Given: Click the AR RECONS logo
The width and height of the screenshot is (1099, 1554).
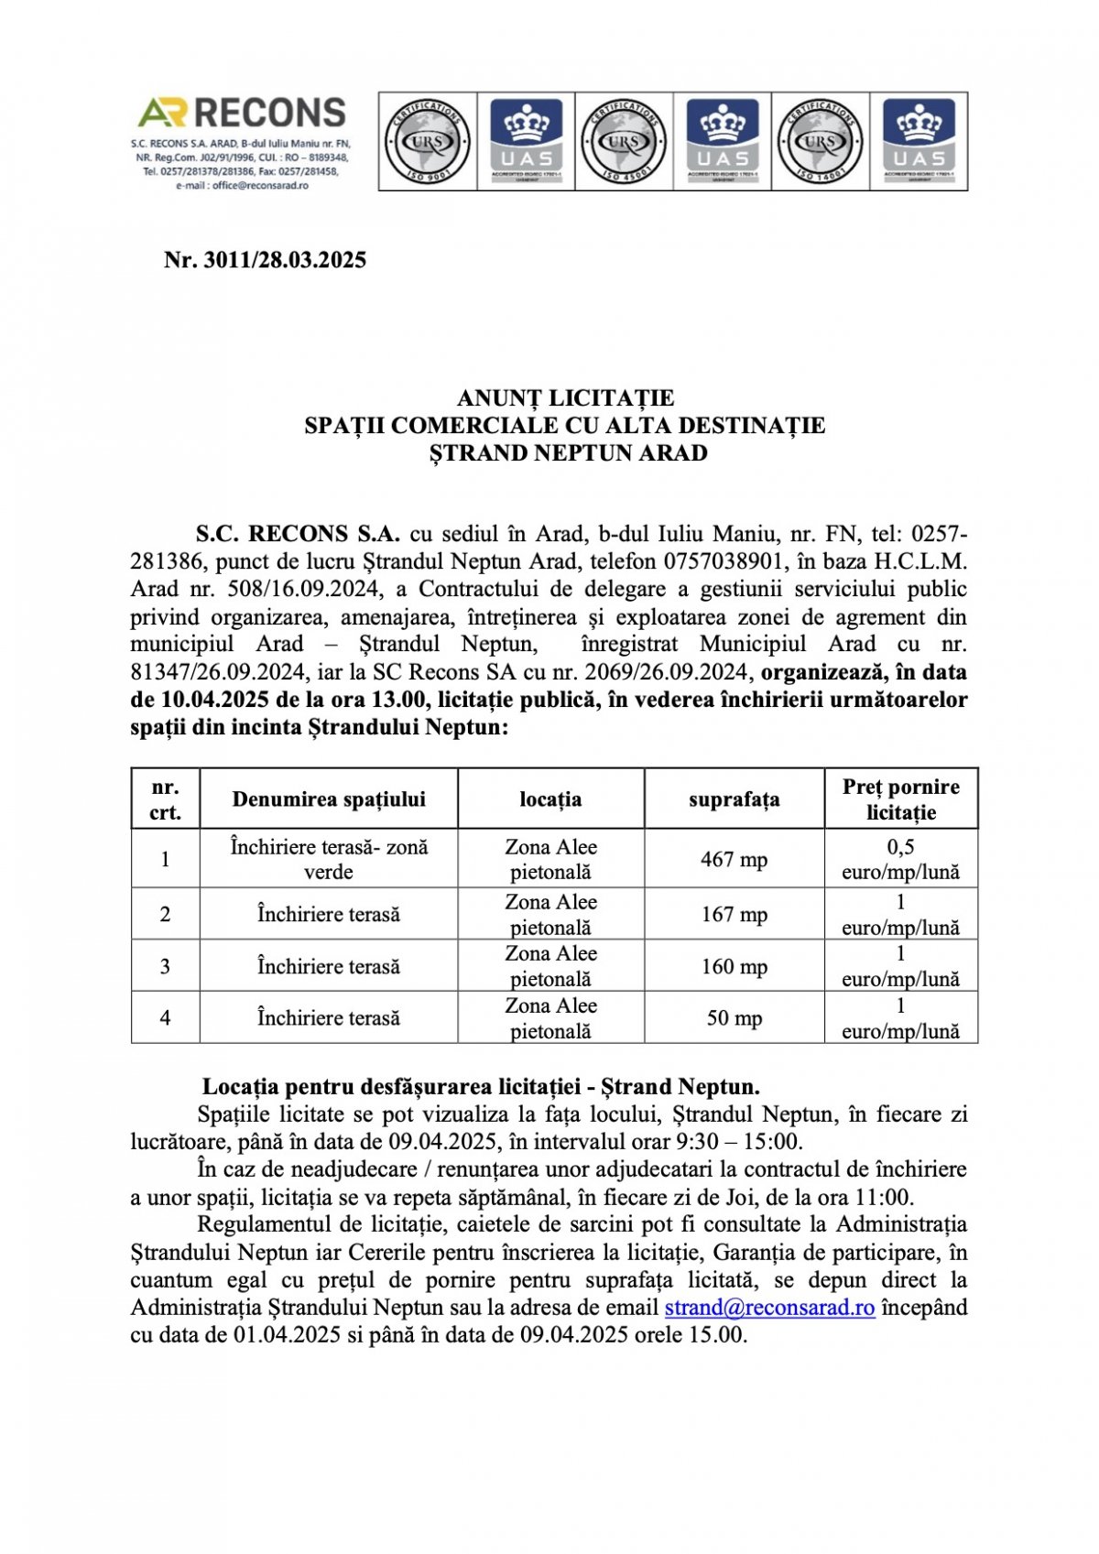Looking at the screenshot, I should coord(242,113).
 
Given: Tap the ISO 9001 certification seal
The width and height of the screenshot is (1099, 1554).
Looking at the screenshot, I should coord(428,141).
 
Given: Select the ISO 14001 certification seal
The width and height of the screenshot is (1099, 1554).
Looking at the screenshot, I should coord(820,141).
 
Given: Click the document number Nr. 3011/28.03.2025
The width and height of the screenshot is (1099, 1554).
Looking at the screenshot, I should coord(265,260).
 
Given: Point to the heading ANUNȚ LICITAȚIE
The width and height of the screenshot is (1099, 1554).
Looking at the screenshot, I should coord(565,398).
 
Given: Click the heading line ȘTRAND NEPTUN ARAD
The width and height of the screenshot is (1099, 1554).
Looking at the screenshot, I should coord(568,453).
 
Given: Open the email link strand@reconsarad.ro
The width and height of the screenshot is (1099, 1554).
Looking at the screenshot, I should coord(769,1308).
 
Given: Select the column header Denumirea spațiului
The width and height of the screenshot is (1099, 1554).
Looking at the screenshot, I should coord(329,799).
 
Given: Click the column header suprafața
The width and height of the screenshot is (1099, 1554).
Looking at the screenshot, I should coord(734,799).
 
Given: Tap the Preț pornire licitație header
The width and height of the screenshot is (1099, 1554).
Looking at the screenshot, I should coord(901,799).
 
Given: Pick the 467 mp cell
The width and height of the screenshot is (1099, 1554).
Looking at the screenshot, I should coord(734,859).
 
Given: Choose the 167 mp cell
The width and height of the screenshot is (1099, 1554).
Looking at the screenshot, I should coord(734,914).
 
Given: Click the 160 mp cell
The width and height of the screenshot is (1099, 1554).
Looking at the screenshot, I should coord(734,966).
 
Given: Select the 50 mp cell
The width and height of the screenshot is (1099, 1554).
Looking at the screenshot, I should coord(734,1018).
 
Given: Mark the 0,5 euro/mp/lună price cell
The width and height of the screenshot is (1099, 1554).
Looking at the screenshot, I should coord(901,859).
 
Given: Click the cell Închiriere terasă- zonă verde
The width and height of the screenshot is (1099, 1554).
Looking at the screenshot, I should coord(329,859).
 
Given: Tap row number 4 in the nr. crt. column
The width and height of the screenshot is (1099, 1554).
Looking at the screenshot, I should coord(165,1018).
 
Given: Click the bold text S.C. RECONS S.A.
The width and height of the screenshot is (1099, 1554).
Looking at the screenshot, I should coord(298,534).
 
